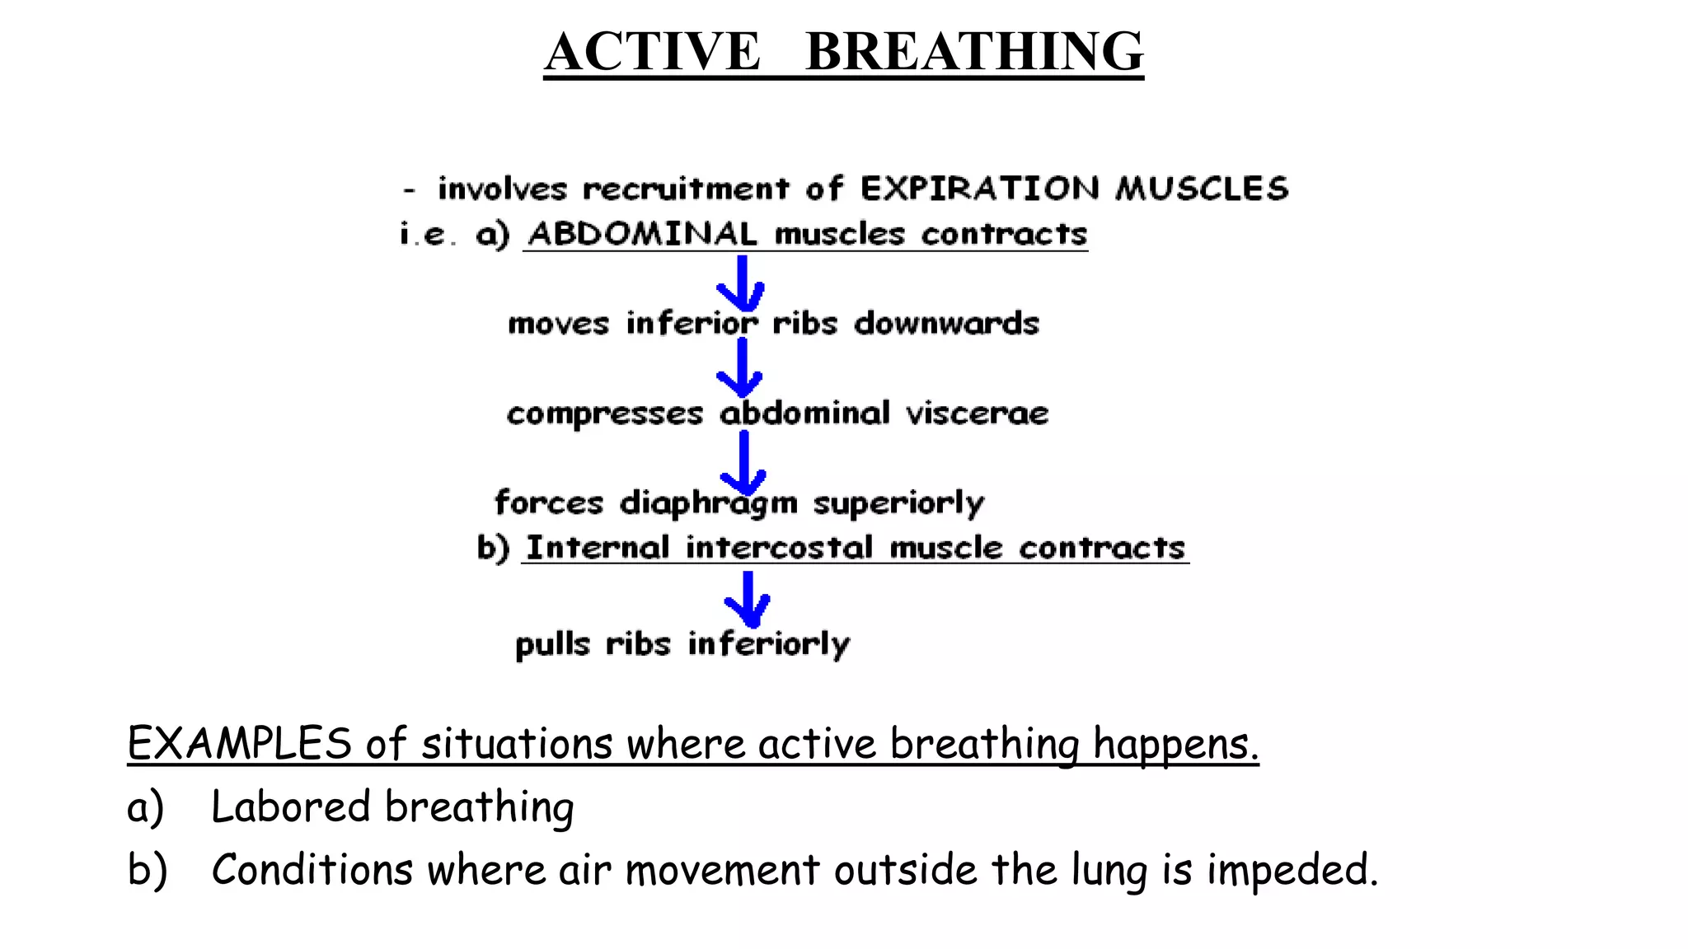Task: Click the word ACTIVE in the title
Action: tap(652, 51)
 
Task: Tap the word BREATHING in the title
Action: tap(974, 51)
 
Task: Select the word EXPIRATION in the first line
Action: tap(979, 189)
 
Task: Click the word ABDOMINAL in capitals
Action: tap(642, 234)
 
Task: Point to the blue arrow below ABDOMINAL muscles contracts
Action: tap(741, 283)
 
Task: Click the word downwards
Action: tap(946, 324)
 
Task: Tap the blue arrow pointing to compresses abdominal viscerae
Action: tap(740, 368)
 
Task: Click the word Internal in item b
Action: tap(598, 548)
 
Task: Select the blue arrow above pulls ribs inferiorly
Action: tap(748, 600)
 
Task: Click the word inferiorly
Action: tap(768, 644)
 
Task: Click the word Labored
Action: tap(290, 806)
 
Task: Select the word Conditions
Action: tap(312, 870)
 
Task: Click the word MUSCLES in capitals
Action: tap(1202, 189)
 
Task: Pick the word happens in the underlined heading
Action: tap(1175, 745)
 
